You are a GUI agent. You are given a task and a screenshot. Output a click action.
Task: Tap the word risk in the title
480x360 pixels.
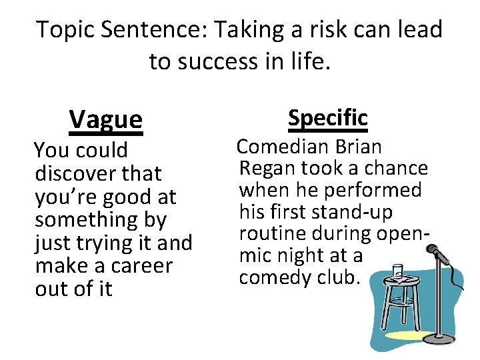point(301,30)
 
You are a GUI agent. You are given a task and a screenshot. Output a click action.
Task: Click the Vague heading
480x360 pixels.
point(105,119)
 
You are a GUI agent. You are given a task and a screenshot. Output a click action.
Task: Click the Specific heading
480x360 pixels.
point(327,118)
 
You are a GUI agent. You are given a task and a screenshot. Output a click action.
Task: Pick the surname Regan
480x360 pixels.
point(265,168)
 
